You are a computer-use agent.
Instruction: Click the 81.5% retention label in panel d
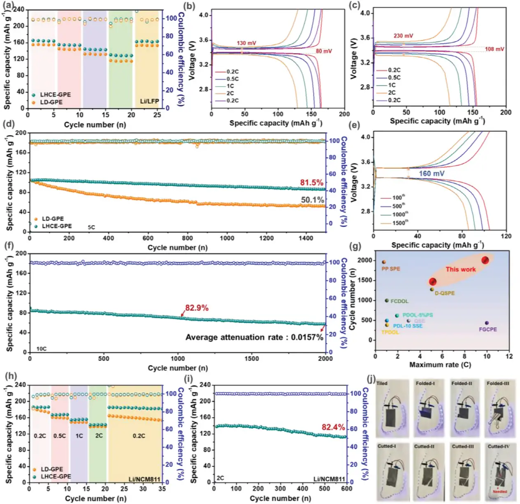point(311,183)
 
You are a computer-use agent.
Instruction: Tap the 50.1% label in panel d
point(312,200)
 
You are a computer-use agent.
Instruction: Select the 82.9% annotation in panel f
point(197,308)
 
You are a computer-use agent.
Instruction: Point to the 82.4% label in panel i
point(333,427)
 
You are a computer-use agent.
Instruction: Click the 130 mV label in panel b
point(246,43)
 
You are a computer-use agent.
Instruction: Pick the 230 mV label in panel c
point(403,36)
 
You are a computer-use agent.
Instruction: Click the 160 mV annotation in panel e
point(432,173)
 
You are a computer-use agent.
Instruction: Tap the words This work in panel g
point(460,269)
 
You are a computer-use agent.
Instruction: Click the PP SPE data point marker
point(384,262)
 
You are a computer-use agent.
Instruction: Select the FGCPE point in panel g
point(487,323)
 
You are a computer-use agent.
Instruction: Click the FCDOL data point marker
point(387,301)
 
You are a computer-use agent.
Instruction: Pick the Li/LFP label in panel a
point(149,101)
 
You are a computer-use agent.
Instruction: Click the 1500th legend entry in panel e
point(398,223)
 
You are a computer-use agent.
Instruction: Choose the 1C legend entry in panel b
point(230,86)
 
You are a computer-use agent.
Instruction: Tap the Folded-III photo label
point(498,383)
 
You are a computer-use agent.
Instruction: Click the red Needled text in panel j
point(500,492)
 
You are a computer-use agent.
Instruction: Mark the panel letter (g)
point(355,246)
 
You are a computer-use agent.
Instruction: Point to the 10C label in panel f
point(41,349)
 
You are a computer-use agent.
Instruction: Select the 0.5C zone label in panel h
point(60,436)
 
